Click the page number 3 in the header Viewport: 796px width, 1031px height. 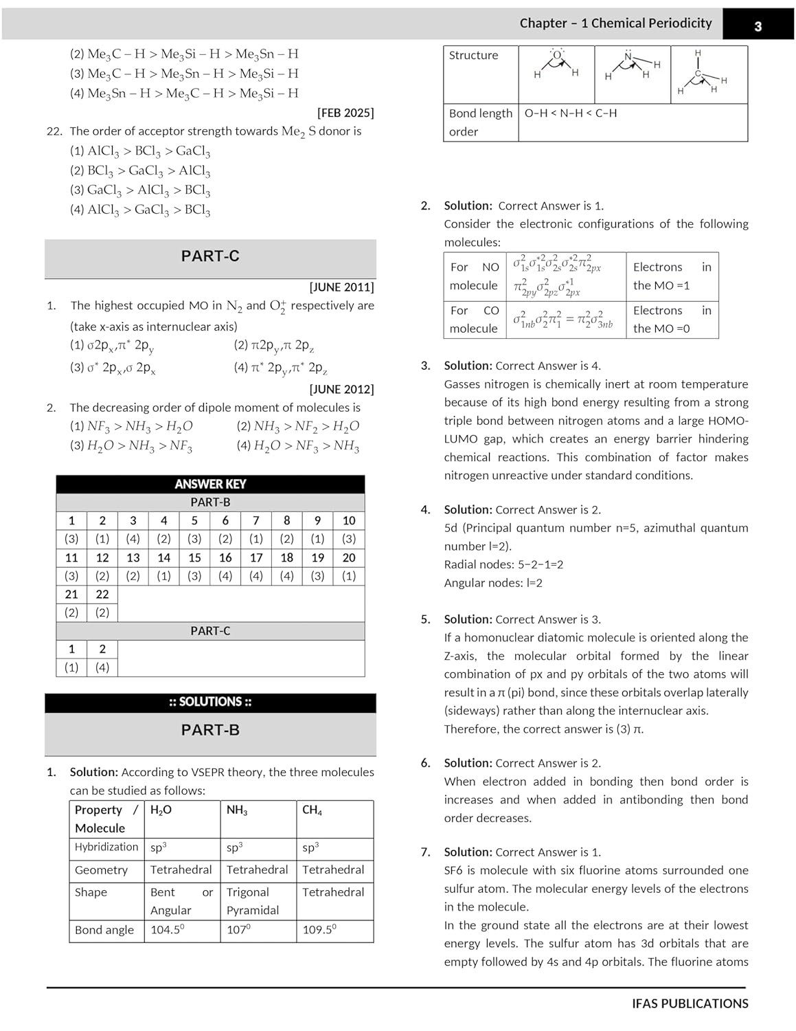point(758,26)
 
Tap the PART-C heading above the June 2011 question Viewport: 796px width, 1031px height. point(210,256)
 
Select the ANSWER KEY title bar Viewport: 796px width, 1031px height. point(210,484)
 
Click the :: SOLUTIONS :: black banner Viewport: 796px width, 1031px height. point(210,702)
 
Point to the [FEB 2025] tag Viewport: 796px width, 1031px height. point(345,113)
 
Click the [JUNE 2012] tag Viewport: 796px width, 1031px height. point(341,389)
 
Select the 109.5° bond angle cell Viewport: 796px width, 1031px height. point(319,930)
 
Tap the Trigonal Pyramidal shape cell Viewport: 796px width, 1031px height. point(253,901)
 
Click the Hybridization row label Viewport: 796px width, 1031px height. point(106,847)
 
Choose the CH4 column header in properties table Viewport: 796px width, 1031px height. point(312,810)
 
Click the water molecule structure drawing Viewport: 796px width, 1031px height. point(556,65)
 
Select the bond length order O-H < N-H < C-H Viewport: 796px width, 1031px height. point(571,113)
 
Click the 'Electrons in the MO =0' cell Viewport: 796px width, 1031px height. point(672,320)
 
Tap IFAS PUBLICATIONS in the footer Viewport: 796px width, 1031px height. point(690,1004)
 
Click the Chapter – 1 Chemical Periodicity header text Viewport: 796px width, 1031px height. point(615,23)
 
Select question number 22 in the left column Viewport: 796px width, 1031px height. point(54,131)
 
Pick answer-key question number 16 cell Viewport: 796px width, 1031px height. point(225,557)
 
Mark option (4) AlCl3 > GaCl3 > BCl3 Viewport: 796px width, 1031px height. point(140,210)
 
